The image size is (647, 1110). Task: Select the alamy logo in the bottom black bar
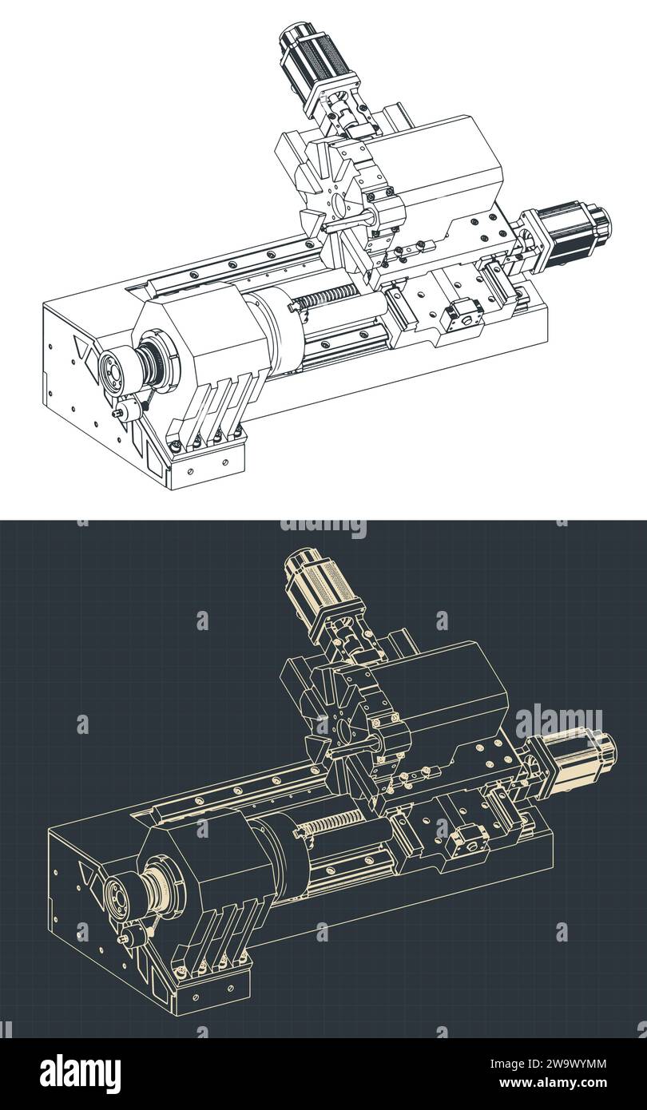click(x=80, y=1074)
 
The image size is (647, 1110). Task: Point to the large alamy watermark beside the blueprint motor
click(x=558, y=722)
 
